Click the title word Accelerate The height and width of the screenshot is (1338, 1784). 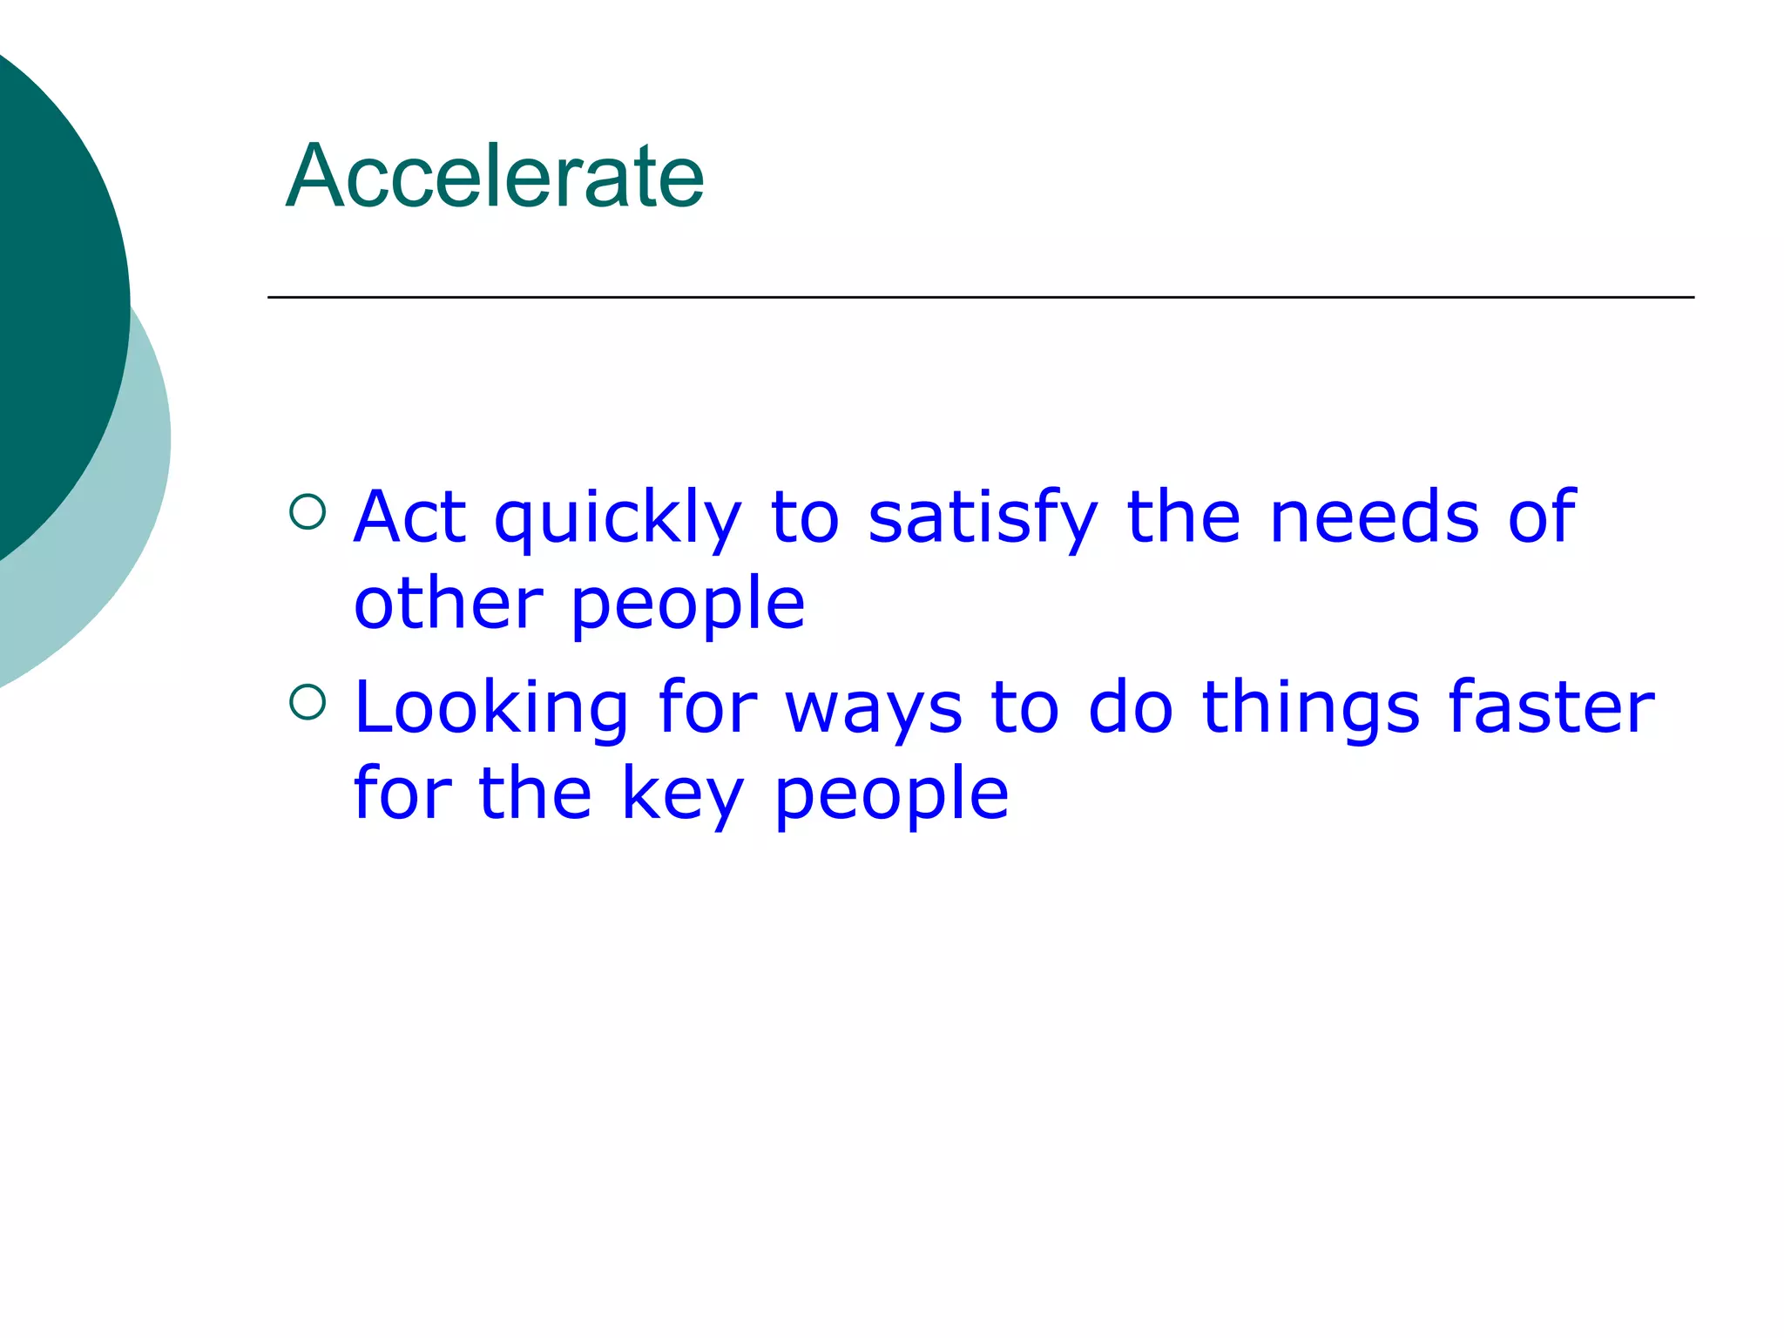[495, 177]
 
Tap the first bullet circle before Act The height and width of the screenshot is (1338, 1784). [307, 512]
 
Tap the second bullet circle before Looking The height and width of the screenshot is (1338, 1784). [307, 702]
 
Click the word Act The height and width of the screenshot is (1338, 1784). [409, 517]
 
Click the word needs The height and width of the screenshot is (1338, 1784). [1375, 517]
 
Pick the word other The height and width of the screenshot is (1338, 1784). [448, 604]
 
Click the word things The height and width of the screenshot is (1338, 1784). [1311, 710]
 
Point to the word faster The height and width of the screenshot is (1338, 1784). [1551, 707]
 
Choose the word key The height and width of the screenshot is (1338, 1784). [683, 795]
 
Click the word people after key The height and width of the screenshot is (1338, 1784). [891, 797]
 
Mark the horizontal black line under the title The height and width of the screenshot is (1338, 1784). [980, 297]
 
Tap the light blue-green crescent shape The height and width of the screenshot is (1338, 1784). [122, 540]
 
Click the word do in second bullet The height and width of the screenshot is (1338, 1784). [1131, 707]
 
